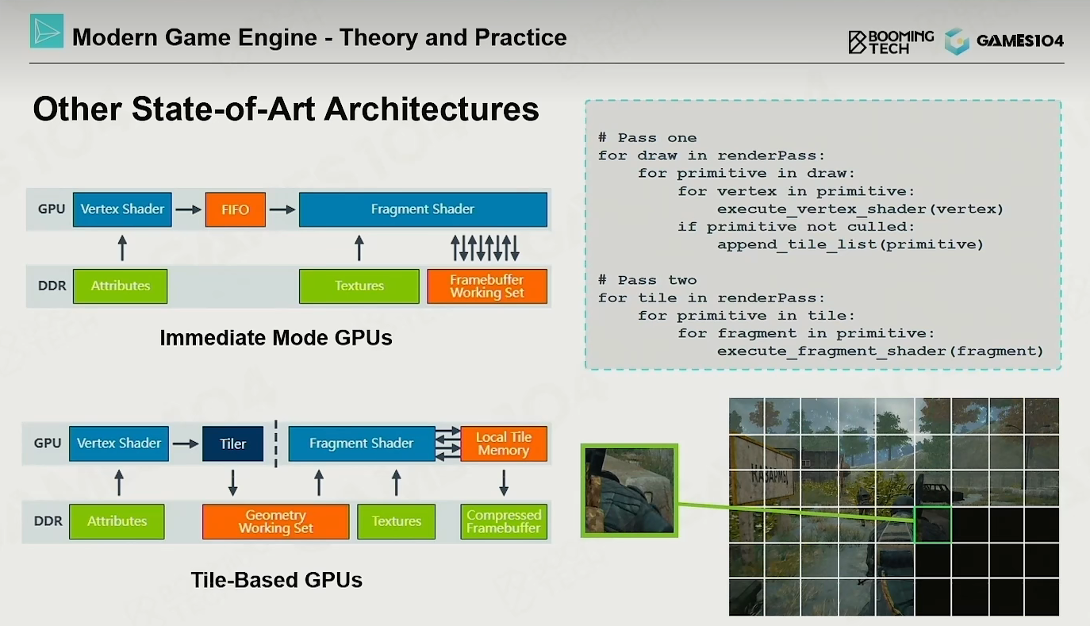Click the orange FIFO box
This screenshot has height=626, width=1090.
tap(236, 209)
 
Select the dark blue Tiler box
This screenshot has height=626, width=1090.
tap(232, 444)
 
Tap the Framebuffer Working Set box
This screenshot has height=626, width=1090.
tap(487, 286)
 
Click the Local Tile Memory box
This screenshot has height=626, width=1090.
tap(504, 444)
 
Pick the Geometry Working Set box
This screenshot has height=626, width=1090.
tap(275, 521)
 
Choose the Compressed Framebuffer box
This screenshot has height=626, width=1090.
tap(504, 521)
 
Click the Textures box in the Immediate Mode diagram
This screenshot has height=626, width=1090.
tap(359, 286)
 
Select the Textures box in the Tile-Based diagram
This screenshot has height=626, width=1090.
tap(396, 521)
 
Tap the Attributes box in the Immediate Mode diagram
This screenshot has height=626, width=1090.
tap(121, 286)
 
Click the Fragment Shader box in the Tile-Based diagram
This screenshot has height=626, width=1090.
tap(362, 444)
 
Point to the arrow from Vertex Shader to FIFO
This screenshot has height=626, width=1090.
tap(188, 209)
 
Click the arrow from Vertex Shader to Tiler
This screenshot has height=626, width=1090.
tap(186, 444)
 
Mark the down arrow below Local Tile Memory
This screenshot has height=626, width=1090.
tap(504, 482)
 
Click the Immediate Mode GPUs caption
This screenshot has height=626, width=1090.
tap(276, 338)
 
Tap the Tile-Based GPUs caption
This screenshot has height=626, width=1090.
tap(276, 580)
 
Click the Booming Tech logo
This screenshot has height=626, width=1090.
tap(891, 42)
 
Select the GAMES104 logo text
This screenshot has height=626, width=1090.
tap(1020, 41)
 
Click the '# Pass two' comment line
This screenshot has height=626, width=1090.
tap(647, 280)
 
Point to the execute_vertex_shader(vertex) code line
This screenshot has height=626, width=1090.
tap(860, 209)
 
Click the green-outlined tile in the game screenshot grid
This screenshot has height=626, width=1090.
tap(933, 524)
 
